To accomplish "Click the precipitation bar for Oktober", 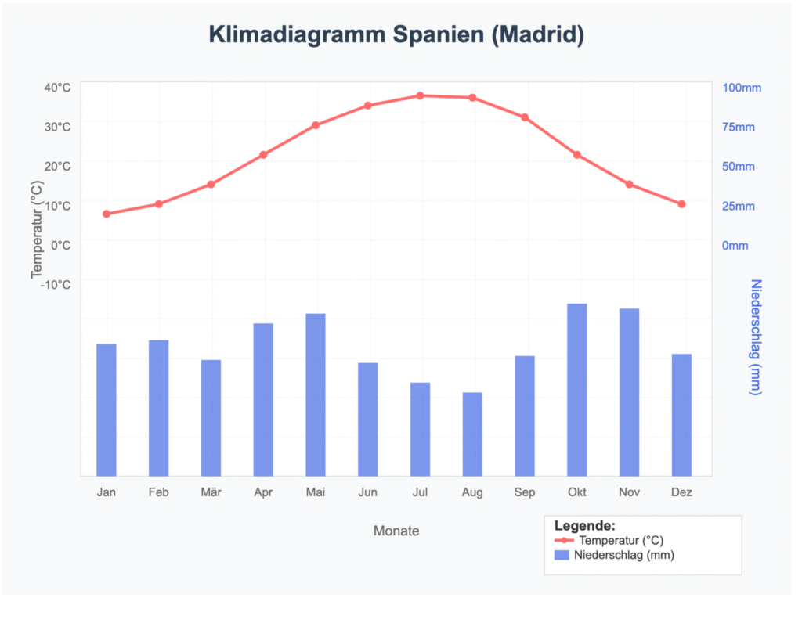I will coord(577,389).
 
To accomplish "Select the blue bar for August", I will coord(472,434).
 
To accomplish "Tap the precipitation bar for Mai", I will coord(316,394).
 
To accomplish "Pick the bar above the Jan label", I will coord(107,409).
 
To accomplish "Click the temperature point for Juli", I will coord(420,95).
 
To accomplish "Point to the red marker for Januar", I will coord(107,214).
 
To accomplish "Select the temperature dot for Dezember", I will coord(681,204).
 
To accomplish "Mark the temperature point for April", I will coord(263,155).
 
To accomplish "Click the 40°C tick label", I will coord(56,87).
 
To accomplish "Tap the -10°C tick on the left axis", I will coord(55,284).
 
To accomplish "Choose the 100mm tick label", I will coord(741,88).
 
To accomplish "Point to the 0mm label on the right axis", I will coord(735,246).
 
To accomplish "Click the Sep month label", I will coord(525,492).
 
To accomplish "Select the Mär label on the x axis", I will coord(211,492).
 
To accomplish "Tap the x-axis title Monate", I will coord(396,531).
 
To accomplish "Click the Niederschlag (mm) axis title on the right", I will coord(756,337).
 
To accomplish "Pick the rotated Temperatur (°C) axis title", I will coord(36,229).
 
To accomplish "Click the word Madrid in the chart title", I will coord(536,35).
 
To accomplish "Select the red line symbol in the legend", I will coord(564,541).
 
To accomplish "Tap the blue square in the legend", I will coord(562,555).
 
